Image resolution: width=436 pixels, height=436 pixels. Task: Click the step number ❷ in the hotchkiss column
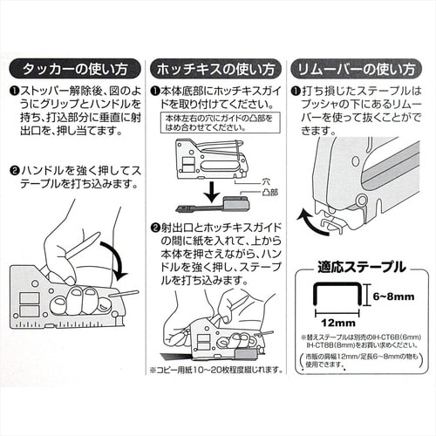154,228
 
